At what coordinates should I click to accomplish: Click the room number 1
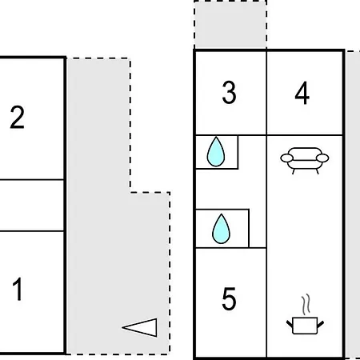[x=18, y=289]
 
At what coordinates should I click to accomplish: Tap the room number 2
[x=18, y=118]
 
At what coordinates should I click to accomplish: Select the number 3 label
[x=229, y=92]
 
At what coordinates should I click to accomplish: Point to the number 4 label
[x=302, y=93]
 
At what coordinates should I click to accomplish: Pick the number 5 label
[x=229, y=298]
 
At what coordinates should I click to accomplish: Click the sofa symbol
[x=305, y=161]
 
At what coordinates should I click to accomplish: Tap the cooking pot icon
[x=305, y=326]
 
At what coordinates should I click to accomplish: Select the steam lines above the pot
[x=306, y=304]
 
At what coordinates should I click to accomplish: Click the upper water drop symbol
[x=216, y=152]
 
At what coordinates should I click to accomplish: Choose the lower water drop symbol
[x=221, y=229]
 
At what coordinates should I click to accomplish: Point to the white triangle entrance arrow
[x=140, y=327]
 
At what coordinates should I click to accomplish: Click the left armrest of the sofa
[x=286, y=158]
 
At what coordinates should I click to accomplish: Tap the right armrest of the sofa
[x=322, y=158]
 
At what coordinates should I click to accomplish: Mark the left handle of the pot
[x=290, y=324]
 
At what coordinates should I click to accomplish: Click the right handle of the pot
[x=321, y=324]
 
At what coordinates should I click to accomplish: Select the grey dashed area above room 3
[x=230, y=25]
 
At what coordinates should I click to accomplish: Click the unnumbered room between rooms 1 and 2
[x=32, y=206]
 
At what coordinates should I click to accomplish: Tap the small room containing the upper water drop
[x=217, y=152]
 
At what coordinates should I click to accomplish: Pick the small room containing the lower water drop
[x=222, y=229]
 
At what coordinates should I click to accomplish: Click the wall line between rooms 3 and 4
[x=266, y=93]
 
